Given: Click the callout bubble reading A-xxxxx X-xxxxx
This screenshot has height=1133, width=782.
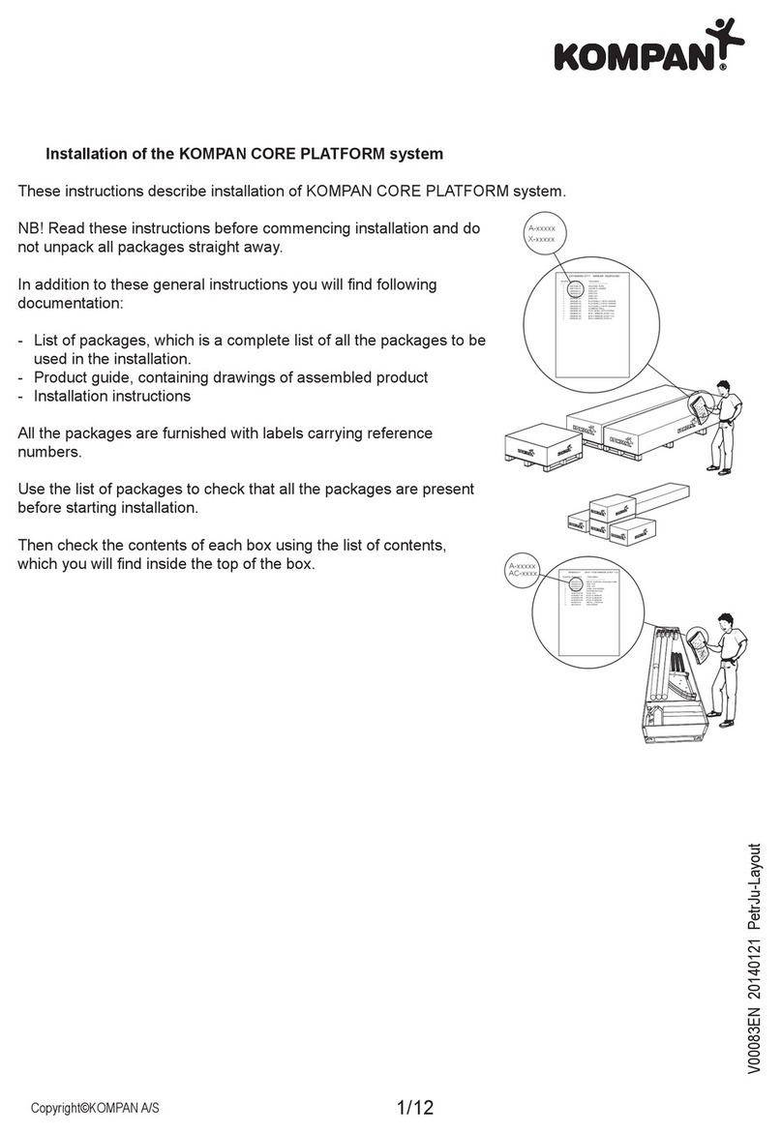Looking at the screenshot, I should [x=540, y=233].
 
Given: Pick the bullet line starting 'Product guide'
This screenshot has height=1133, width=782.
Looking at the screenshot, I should [x=230, y=376].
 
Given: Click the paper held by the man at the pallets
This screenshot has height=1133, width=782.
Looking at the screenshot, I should [x=698, y=403].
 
